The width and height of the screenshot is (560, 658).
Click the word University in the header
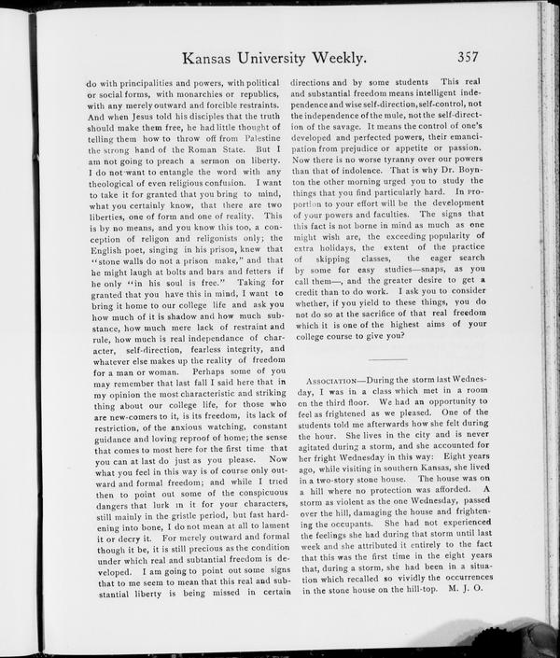click(275, 59)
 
